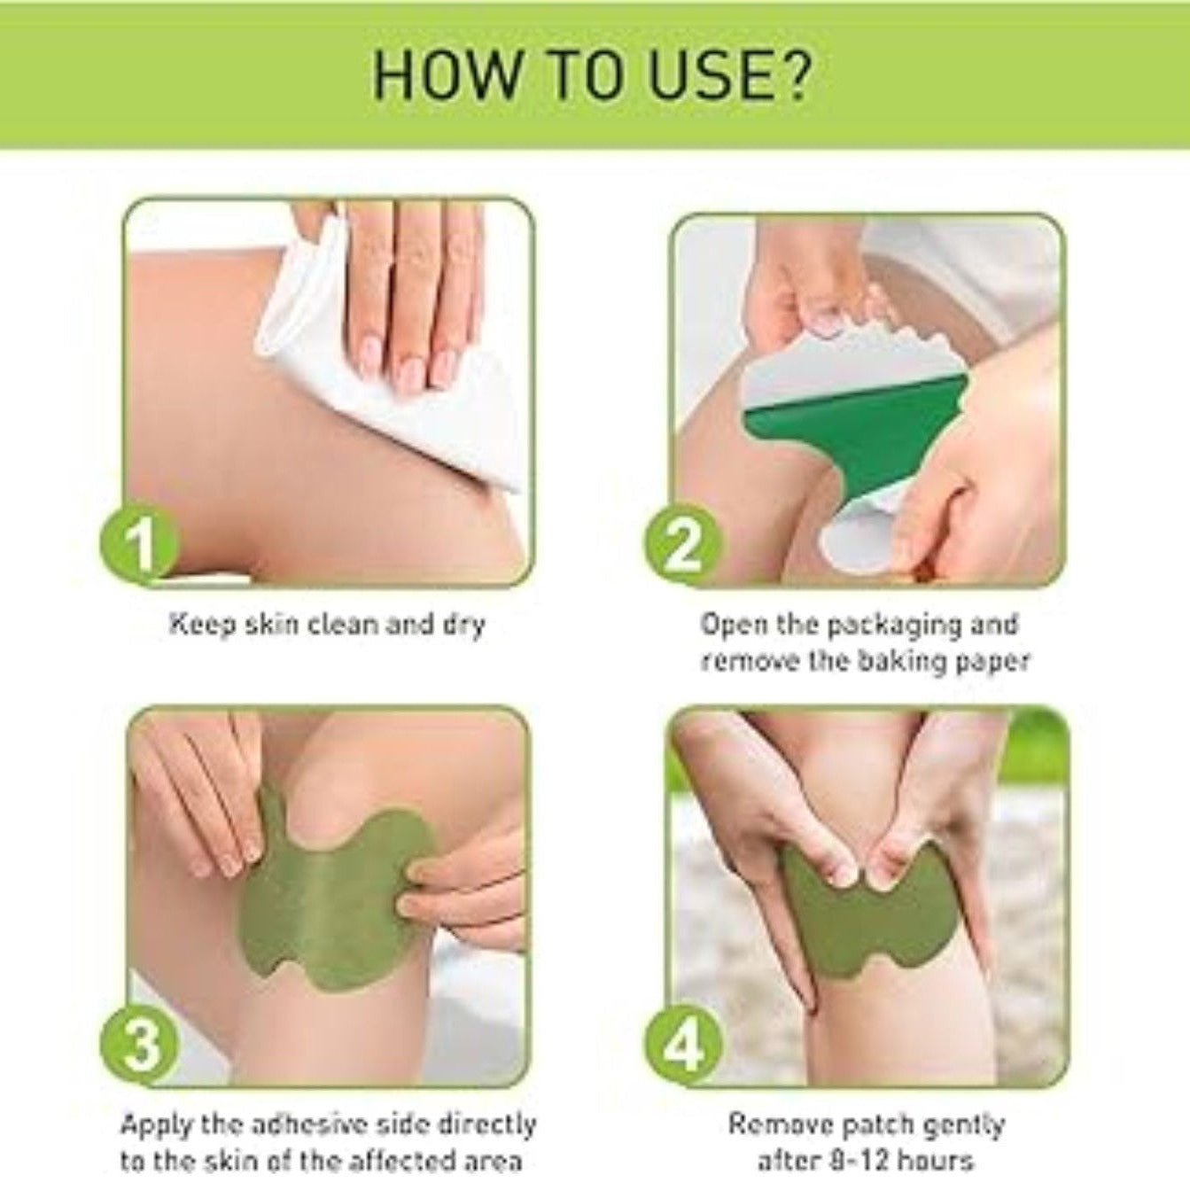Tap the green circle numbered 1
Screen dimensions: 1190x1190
point(138,544)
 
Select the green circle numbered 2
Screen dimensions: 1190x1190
point(682,544)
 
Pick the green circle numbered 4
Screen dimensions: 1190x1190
point(682,1046)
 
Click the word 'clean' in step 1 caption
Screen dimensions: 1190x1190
point(339,624)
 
